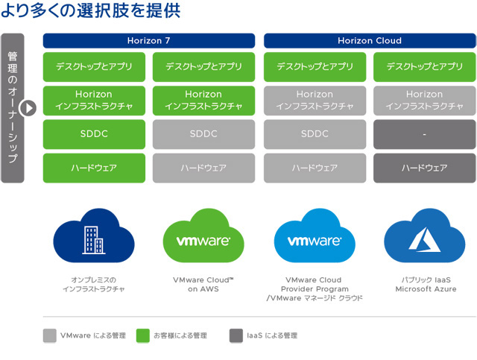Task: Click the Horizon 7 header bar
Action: pos(149,41)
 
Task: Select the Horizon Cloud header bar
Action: pos(370,41)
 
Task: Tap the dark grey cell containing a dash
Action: pos(424,134)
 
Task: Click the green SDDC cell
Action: pos(94,134)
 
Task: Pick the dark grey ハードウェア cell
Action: pos(424,168)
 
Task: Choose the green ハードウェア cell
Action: pos(94,168)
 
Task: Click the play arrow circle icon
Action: pos(28,108)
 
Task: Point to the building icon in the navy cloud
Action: pos(93,240)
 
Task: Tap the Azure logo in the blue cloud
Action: pos(424,240)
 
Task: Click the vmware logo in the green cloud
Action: pos(203,241)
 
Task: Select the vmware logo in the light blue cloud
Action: pos(315,241)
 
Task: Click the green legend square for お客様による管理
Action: pos(142,335)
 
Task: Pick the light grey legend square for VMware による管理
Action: pos(50,335)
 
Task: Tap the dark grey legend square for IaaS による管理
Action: pos(236,335)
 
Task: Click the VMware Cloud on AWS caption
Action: pos(203,284)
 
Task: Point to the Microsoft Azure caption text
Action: pos(426,288)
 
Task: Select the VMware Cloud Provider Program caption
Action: pos(315,288)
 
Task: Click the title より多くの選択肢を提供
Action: pos(91,10)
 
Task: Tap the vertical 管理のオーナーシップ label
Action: pos(13,108)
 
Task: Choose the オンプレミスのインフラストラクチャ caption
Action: pos(94,284)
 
